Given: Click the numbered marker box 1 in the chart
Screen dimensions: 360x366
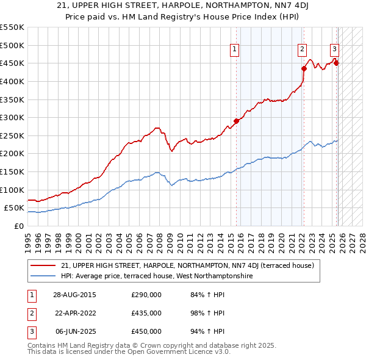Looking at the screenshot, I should click(x=235, y=51).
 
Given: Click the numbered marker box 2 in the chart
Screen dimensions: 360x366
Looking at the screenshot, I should click(x=302, y=51).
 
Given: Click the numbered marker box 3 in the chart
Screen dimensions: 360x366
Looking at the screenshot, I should click(x=335, y=51).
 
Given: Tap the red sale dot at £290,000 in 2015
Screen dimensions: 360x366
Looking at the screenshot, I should click(x=237, y=121).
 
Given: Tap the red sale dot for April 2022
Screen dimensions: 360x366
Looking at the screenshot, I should click(x=304, y=68).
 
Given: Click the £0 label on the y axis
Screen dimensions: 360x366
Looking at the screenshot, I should click(x=18, y=226).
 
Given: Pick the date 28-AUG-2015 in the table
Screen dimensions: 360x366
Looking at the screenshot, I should click(x=74, y=295).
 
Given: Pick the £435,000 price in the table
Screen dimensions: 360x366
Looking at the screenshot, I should click(x=146, y=313).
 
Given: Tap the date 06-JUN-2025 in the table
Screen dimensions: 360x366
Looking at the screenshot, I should click(x=74, y=331).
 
